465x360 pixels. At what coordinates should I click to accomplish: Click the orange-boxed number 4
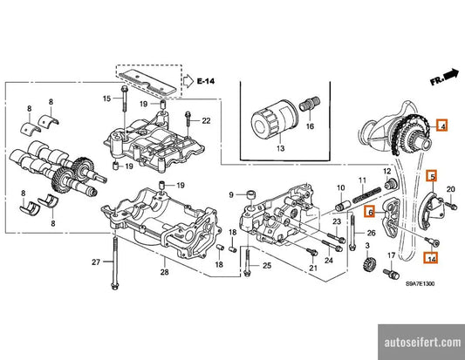point(442,126)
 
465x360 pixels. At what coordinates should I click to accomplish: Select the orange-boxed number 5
point(430,176)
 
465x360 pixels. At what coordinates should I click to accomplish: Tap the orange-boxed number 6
point(371,212)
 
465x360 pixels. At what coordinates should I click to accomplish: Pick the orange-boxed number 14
point(431,257)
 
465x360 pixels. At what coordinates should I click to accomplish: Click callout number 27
point(96,262)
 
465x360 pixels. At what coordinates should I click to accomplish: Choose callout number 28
point(163,274)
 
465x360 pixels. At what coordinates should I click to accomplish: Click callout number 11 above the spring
point(359,181)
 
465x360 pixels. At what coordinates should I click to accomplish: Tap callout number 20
point(451,189)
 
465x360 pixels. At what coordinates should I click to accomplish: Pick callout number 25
point(267,264)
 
